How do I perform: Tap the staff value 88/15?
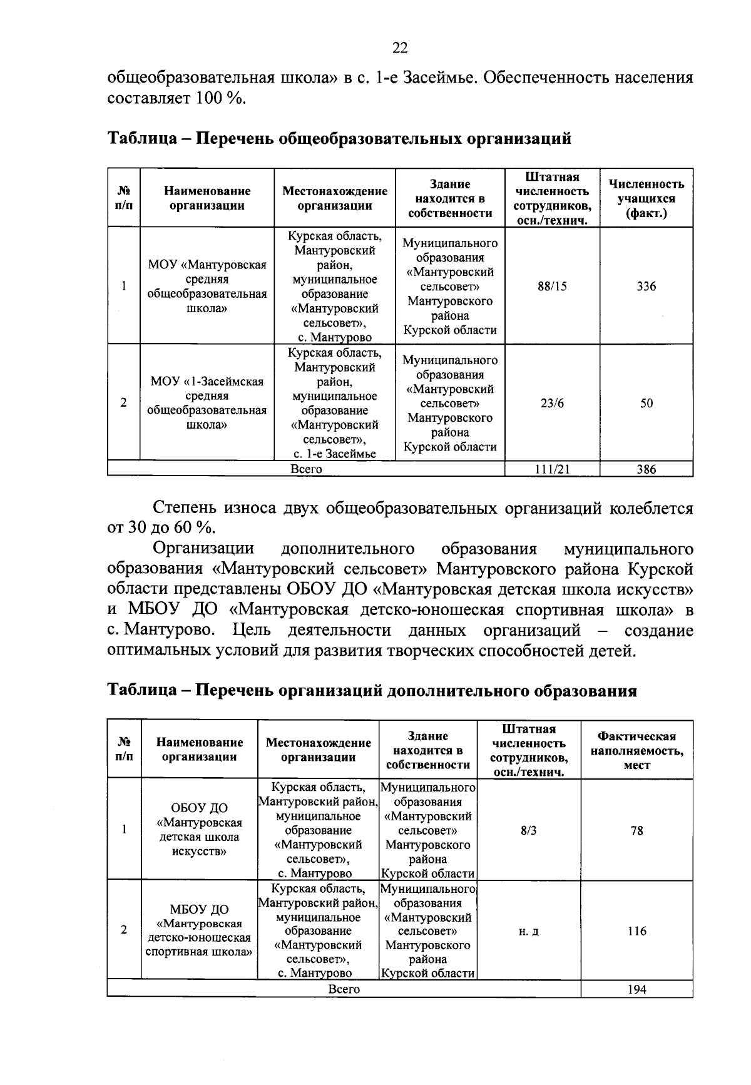552,287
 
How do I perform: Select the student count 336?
646,287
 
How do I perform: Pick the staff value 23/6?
552,404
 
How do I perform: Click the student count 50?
646,404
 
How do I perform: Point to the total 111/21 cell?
552,469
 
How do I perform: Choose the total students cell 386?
646,469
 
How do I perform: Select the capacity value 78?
636,831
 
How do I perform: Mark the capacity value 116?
636,931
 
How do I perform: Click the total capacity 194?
636,989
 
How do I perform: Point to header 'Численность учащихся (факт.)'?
646,198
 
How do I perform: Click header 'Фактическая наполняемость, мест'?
636,750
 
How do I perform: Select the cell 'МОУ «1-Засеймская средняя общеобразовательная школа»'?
207,403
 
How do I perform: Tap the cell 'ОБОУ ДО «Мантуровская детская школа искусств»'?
200,830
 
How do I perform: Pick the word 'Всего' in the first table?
306,469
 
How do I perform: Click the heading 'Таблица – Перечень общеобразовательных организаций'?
339,138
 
